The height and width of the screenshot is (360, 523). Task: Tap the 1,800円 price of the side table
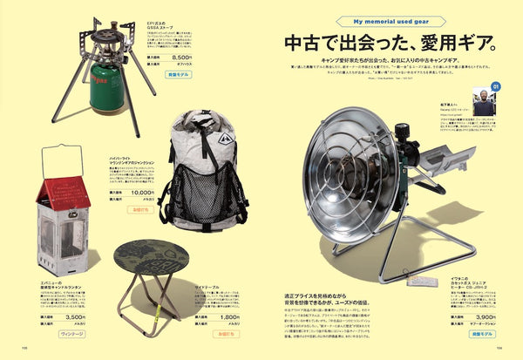point(230,317)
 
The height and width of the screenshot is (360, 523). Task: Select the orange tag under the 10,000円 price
point(139,209)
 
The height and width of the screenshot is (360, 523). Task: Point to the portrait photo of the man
point(481,98)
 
